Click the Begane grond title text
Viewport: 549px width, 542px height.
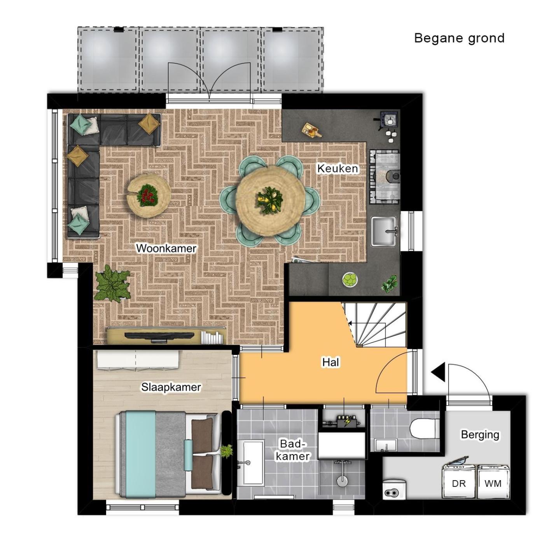[459, 38]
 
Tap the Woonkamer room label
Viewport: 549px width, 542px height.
[166, 248]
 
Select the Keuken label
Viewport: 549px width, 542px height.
[337, 168]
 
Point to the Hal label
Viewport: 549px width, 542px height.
[330, 362]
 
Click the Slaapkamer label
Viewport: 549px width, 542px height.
[171, 387]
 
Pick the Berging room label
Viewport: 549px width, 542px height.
[480, 434]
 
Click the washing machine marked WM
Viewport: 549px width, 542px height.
[493, 482]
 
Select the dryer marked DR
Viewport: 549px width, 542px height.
[459, 482]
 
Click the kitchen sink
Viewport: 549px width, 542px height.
[384, 231]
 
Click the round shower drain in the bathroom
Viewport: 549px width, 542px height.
[342, 480]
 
